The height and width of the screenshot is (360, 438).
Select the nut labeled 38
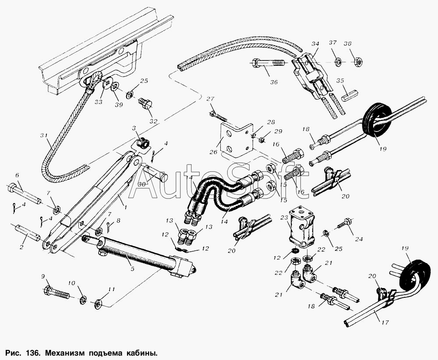[358, 63]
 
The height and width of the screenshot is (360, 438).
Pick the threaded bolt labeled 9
[57, 292]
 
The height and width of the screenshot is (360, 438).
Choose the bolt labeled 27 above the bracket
[217, 116]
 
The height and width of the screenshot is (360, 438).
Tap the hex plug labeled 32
[145, 104]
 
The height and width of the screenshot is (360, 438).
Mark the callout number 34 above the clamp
[315, 44]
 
